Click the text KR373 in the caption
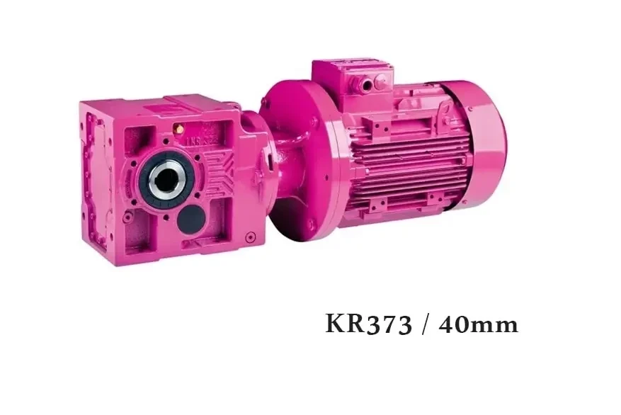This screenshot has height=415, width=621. point(369,324)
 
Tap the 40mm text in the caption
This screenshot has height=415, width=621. point(479,324)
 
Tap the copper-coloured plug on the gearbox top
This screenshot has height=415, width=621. point(178,128)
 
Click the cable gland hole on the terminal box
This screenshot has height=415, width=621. point(368,84)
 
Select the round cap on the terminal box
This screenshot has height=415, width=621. point(381,82)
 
